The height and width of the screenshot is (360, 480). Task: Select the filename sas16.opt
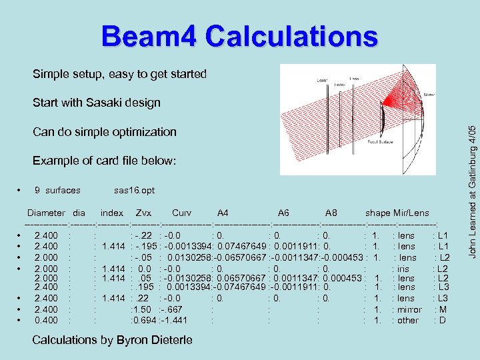pos(134,190)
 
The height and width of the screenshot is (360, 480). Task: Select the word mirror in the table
pos(409,309)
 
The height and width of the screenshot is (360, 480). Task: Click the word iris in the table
pos(403,267)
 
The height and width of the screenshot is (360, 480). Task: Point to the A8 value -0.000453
pos(344,257)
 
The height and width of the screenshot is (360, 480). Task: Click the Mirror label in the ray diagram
pos(430,95)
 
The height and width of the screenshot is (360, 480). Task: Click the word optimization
pos(143,131)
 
